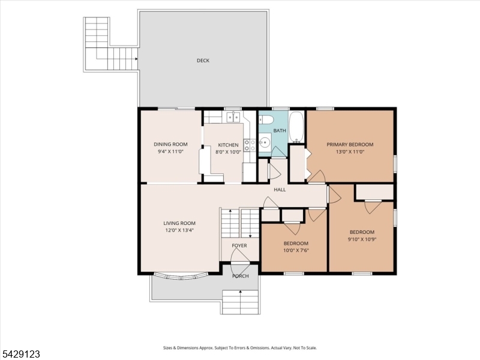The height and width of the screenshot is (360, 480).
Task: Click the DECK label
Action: point(203,61)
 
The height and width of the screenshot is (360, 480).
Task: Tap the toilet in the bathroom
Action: point(265,119)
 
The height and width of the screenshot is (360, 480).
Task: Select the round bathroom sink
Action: point(264,142)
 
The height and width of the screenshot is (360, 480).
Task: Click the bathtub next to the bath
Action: point(296,127)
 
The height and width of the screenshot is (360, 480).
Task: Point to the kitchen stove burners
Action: point(250,145)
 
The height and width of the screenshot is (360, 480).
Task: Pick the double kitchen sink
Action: point(233,117)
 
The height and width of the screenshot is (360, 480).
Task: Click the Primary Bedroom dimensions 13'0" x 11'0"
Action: point(350,152)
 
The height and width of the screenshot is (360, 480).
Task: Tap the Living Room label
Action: point(179,223)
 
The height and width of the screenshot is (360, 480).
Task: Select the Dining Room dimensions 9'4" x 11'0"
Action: point(170,151)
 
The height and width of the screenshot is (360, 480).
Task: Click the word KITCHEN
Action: point(228,145)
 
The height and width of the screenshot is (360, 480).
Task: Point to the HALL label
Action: point(280,190)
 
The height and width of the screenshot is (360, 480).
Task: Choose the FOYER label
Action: point(239,245)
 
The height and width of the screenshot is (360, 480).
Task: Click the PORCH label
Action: point(241,276)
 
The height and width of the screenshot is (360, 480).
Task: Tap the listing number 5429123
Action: point(20,354)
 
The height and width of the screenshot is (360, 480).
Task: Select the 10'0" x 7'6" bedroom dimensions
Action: point(296,250)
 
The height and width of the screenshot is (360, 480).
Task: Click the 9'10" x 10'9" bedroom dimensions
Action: point(362,239)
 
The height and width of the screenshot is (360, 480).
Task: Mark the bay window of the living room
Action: point(181,277)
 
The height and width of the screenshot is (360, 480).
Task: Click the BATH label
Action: point(280,131)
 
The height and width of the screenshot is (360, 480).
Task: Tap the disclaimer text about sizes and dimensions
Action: point(240,348)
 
